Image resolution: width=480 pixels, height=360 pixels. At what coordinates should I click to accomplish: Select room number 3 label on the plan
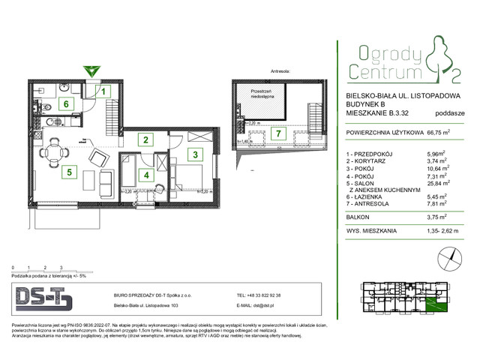point(194,155)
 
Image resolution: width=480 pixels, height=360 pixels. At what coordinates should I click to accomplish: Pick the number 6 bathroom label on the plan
point(66,104)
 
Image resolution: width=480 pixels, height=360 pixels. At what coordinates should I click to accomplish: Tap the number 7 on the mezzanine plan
point(277,134)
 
